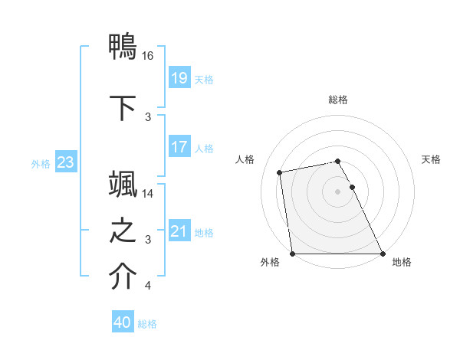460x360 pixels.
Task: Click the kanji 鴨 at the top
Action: (123, 47)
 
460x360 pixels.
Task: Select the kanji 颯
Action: (123, 186)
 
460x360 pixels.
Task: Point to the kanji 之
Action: (123, 231)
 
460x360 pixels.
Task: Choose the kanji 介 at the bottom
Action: (123, 277)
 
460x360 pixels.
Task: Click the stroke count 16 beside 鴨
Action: (148, 56)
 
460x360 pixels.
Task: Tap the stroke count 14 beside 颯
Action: (148, 194)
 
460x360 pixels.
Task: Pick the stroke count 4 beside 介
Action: (148, 286)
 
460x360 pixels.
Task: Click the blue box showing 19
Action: (179, 78)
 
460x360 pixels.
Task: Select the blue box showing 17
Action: (179, 147)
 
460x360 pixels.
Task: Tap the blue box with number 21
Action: (179, 231)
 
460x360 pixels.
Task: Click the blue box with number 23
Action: (65, 162)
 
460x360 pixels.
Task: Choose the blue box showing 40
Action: (123, 323)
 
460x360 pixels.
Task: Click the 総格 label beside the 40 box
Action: (147, 324)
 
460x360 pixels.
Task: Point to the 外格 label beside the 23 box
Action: (41, 163)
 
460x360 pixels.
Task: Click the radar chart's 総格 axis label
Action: (338, 100)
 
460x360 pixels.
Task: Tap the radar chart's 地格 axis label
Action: (402, 262)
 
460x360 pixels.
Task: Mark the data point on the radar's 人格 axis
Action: (281, 172)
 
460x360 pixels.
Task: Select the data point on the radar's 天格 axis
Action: (353, 187)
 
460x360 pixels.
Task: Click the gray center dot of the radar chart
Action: (338, 191)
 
